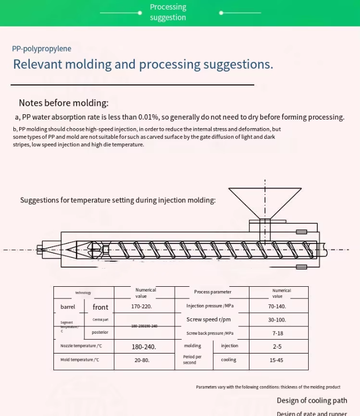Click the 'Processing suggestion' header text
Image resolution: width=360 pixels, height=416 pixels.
coord(168,12)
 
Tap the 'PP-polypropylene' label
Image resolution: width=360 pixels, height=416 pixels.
coord(42,49)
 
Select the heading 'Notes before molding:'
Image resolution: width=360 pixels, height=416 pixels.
coord(64,103)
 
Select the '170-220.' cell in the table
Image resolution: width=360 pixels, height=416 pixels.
coord(142,307)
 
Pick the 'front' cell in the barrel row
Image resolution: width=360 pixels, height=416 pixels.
coord(100,307)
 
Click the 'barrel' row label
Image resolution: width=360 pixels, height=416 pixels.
coord(68,307)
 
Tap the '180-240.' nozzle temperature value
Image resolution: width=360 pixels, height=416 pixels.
coord(144,347)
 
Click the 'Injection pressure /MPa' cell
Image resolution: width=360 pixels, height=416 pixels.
coord(210,306)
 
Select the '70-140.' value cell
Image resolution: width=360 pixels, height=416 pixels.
coord(277,307)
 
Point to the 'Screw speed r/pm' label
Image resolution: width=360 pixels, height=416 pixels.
coord(208,319)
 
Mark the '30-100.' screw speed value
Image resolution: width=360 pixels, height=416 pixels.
coord(277,320)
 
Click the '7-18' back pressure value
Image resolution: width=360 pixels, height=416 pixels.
coord(278,333)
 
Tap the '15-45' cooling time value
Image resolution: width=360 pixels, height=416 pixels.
coord(277,360)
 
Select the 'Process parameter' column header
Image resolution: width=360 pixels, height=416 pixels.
coord(213,292)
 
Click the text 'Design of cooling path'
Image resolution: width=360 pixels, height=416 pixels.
coord(312,401)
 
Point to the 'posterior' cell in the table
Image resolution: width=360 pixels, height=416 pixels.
coord(100,332)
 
